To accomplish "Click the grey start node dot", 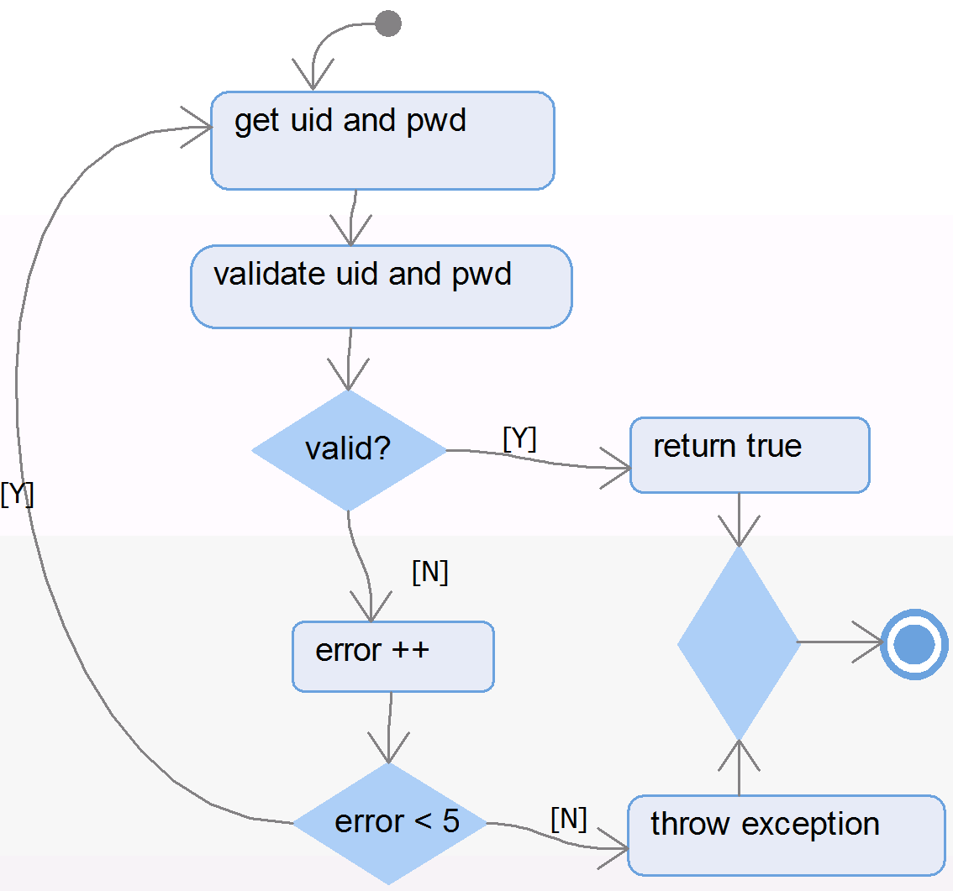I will tap(387, 24).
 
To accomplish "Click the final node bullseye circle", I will tap(914, 645).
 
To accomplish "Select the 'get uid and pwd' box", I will tap(382, 140).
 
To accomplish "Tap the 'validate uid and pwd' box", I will tap(381, 286).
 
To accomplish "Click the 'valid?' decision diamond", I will tap(349, 450).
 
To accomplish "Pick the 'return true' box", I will tap(749, 454).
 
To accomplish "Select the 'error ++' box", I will tap(392, 657).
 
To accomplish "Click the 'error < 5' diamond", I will tap(389, 823).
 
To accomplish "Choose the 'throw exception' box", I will tap(786, 835).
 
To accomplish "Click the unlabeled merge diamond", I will tap(739, 643).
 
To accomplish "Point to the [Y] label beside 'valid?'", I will tap(519, 439).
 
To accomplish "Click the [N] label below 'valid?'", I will tap(429, 573).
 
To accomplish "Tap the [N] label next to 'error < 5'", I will tap(568, 818).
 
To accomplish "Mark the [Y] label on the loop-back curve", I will tap(17, 495).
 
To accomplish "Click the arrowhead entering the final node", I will tap(871, 644).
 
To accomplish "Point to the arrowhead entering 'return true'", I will tap(618, 468).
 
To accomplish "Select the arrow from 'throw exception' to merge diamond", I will tap(739, 768).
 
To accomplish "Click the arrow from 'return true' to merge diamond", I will tap(739, 519).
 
